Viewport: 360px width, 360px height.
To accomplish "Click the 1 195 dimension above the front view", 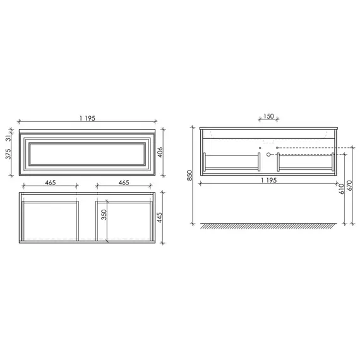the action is click(x=87, y=118).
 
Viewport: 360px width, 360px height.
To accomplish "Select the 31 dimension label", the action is click(x=8, y=138).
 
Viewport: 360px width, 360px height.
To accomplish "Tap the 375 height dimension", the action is click(x=8, y=154).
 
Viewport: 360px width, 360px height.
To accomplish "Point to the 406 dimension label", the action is click(x=160, y=152).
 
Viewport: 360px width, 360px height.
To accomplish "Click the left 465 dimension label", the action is click(x=51, y=183).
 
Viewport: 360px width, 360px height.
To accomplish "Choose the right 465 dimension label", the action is click(x=124, y=183).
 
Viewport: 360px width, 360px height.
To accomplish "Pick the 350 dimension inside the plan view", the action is click(x=104, y=215).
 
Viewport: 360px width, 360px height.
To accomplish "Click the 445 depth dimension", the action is click(x=159, y=217).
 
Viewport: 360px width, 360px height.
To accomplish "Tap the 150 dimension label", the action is click(x=268, y=116).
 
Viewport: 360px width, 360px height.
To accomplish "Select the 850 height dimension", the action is click(x=189, y=175).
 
